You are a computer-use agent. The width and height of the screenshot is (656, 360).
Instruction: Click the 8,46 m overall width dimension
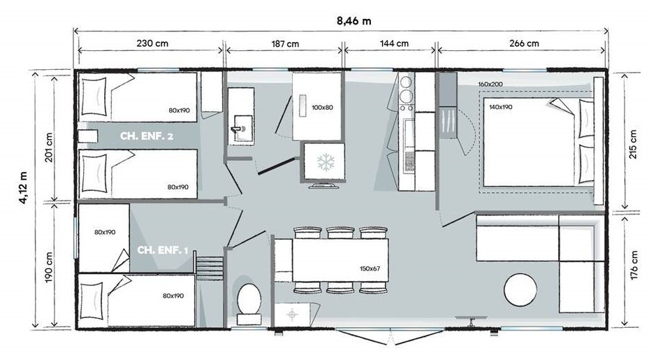[x=353, y=21]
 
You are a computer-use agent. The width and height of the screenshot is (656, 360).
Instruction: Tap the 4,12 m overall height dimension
[x=24, y=187]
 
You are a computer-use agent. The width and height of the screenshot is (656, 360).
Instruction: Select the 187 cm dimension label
[x=285, y=43]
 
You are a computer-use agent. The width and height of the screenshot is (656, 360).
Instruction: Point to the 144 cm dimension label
[x=394, y=43]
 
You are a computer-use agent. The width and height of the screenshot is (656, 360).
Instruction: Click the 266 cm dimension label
[x=524, y=43]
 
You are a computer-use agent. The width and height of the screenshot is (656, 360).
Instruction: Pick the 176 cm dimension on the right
[x=634, y=266]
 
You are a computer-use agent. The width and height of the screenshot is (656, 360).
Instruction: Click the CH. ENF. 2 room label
[x=147, y=136]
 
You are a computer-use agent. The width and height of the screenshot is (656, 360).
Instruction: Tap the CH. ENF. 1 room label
[x=162, y=250]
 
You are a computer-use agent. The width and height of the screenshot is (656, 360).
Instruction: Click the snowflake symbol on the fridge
[x=326, y=162]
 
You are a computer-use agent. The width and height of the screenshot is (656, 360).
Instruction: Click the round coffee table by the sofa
[x=520, y=290]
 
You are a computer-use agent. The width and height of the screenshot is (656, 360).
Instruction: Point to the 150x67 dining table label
[x=370, y=268]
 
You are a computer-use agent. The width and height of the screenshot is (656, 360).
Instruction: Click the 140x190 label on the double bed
[x=500, y=107]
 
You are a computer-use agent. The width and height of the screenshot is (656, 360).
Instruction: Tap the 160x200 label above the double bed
[x=490, y=84]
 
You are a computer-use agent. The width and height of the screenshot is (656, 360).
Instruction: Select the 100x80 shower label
[x=322, y=108]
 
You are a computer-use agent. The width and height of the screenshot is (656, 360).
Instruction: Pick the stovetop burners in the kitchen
[x=407, y=89]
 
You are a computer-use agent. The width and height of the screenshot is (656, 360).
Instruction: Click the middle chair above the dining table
[x=340, y=233]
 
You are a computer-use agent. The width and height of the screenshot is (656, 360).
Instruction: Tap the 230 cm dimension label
[x=152, y=43]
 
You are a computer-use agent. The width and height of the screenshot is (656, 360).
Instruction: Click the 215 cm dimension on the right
[x=634, y=145]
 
